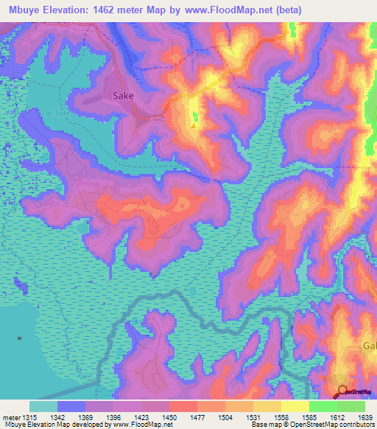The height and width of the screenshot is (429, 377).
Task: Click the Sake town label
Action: (124, 95)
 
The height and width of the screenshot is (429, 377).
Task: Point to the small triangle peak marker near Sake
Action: (193, 125)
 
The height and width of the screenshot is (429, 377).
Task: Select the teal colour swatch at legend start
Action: (43, 406)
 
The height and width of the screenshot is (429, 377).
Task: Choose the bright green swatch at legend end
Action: (351, 406)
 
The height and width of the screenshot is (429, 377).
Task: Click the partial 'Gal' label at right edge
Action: (368, 346)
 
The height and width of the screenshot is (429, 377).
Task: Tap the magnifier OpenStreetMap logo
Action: (343, 391)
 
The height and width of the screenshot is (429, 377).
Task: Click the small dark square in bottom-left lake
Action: (20, 338)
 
